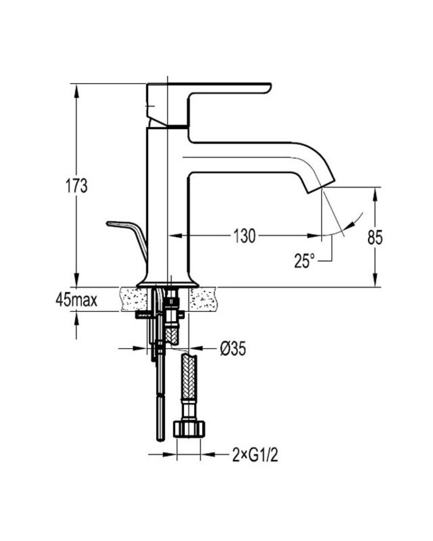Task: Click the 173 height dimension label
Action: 77,186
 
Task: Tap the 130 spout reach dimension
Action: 244,236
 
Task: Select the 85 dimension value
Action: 375,237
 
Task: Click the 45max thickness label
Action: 77,300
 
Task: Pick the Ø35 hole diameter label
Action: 233,349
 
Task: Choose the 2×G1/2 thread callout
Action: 255,456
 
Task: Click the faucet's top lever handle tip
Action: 269,88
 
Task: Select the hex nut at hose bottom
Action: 189,429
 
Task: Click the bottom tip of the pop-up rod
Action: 160,439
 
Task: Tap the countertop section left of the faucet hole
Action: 134,299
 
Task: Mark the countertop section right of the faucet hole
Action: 203,299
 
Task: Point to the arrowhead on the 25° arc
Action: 352,224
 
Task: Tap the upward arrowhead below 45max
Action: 76,318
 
